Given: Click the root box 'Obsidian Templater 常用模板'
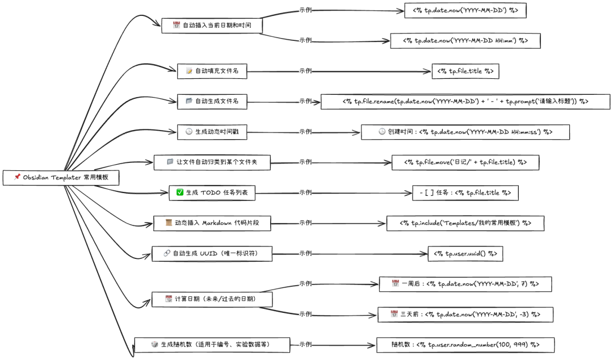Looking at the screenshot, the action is point(61,178).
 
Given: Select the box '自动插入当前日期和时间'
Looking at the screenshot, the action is point(212,26).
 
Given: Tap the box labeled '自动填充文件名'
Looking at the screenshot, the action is point(212,71).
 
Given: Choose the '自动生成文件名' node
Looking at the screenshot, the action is point(212,101).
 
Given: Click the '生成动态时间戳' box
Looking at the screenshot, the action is point(212,132).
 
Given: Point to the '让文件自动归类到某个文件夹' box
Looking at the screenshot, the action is point(212,162).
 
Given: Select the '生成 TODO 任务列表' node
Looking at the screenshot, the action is point(212,193).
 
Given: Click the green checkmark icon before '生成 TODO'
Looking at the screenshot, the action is point(180,192).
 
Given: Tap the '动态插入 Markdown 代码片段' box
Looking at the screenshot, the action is point(212,223).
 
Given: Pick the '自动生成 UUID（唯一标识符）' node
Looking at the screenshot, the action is point(212,254).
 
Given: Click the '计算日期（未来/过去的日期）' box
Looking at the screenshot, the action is point(212,299).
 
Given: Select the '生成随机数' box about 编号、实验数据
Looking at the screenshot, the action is point(212,345).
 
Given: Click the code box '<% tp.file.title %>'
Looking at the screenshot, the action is point(465,71).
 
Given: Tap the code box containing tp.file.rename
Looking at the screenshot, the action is point(465,101).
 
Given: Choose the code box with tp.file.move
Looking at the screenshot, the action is point(465,162).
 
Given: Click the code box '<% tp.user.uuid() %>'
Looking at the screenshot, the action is point(465,254).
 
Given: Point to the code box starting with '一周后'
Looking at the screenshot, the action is point(465,284).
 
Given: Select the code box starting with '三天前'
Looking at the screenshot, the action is point(465,315).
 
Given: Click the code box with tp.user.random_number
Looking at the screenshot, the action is point(465,345).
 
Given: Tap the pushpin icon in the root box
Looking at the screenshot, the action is point(17,177).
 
